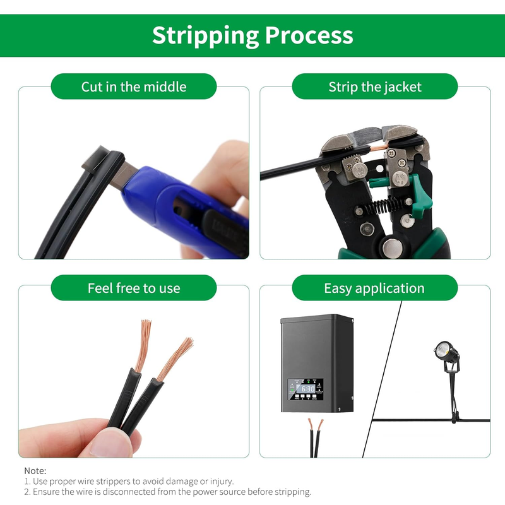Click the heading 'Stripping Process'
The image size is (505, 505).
pos(252,35)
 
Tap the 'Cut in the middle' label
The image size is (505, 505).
pos(134,87)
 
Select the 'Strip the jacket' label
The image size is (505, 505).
pos(375,87)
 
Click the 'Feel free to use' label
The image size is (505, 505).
pos(134,288)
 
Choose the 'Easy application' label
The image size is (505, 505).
pos(374,288)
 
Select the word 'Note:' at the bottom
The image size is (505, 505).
pos(35,471)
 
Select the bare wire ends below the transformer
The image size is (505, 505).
pos(315,425)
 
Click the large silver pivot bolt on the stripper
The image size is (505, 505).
pos(392,247)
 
